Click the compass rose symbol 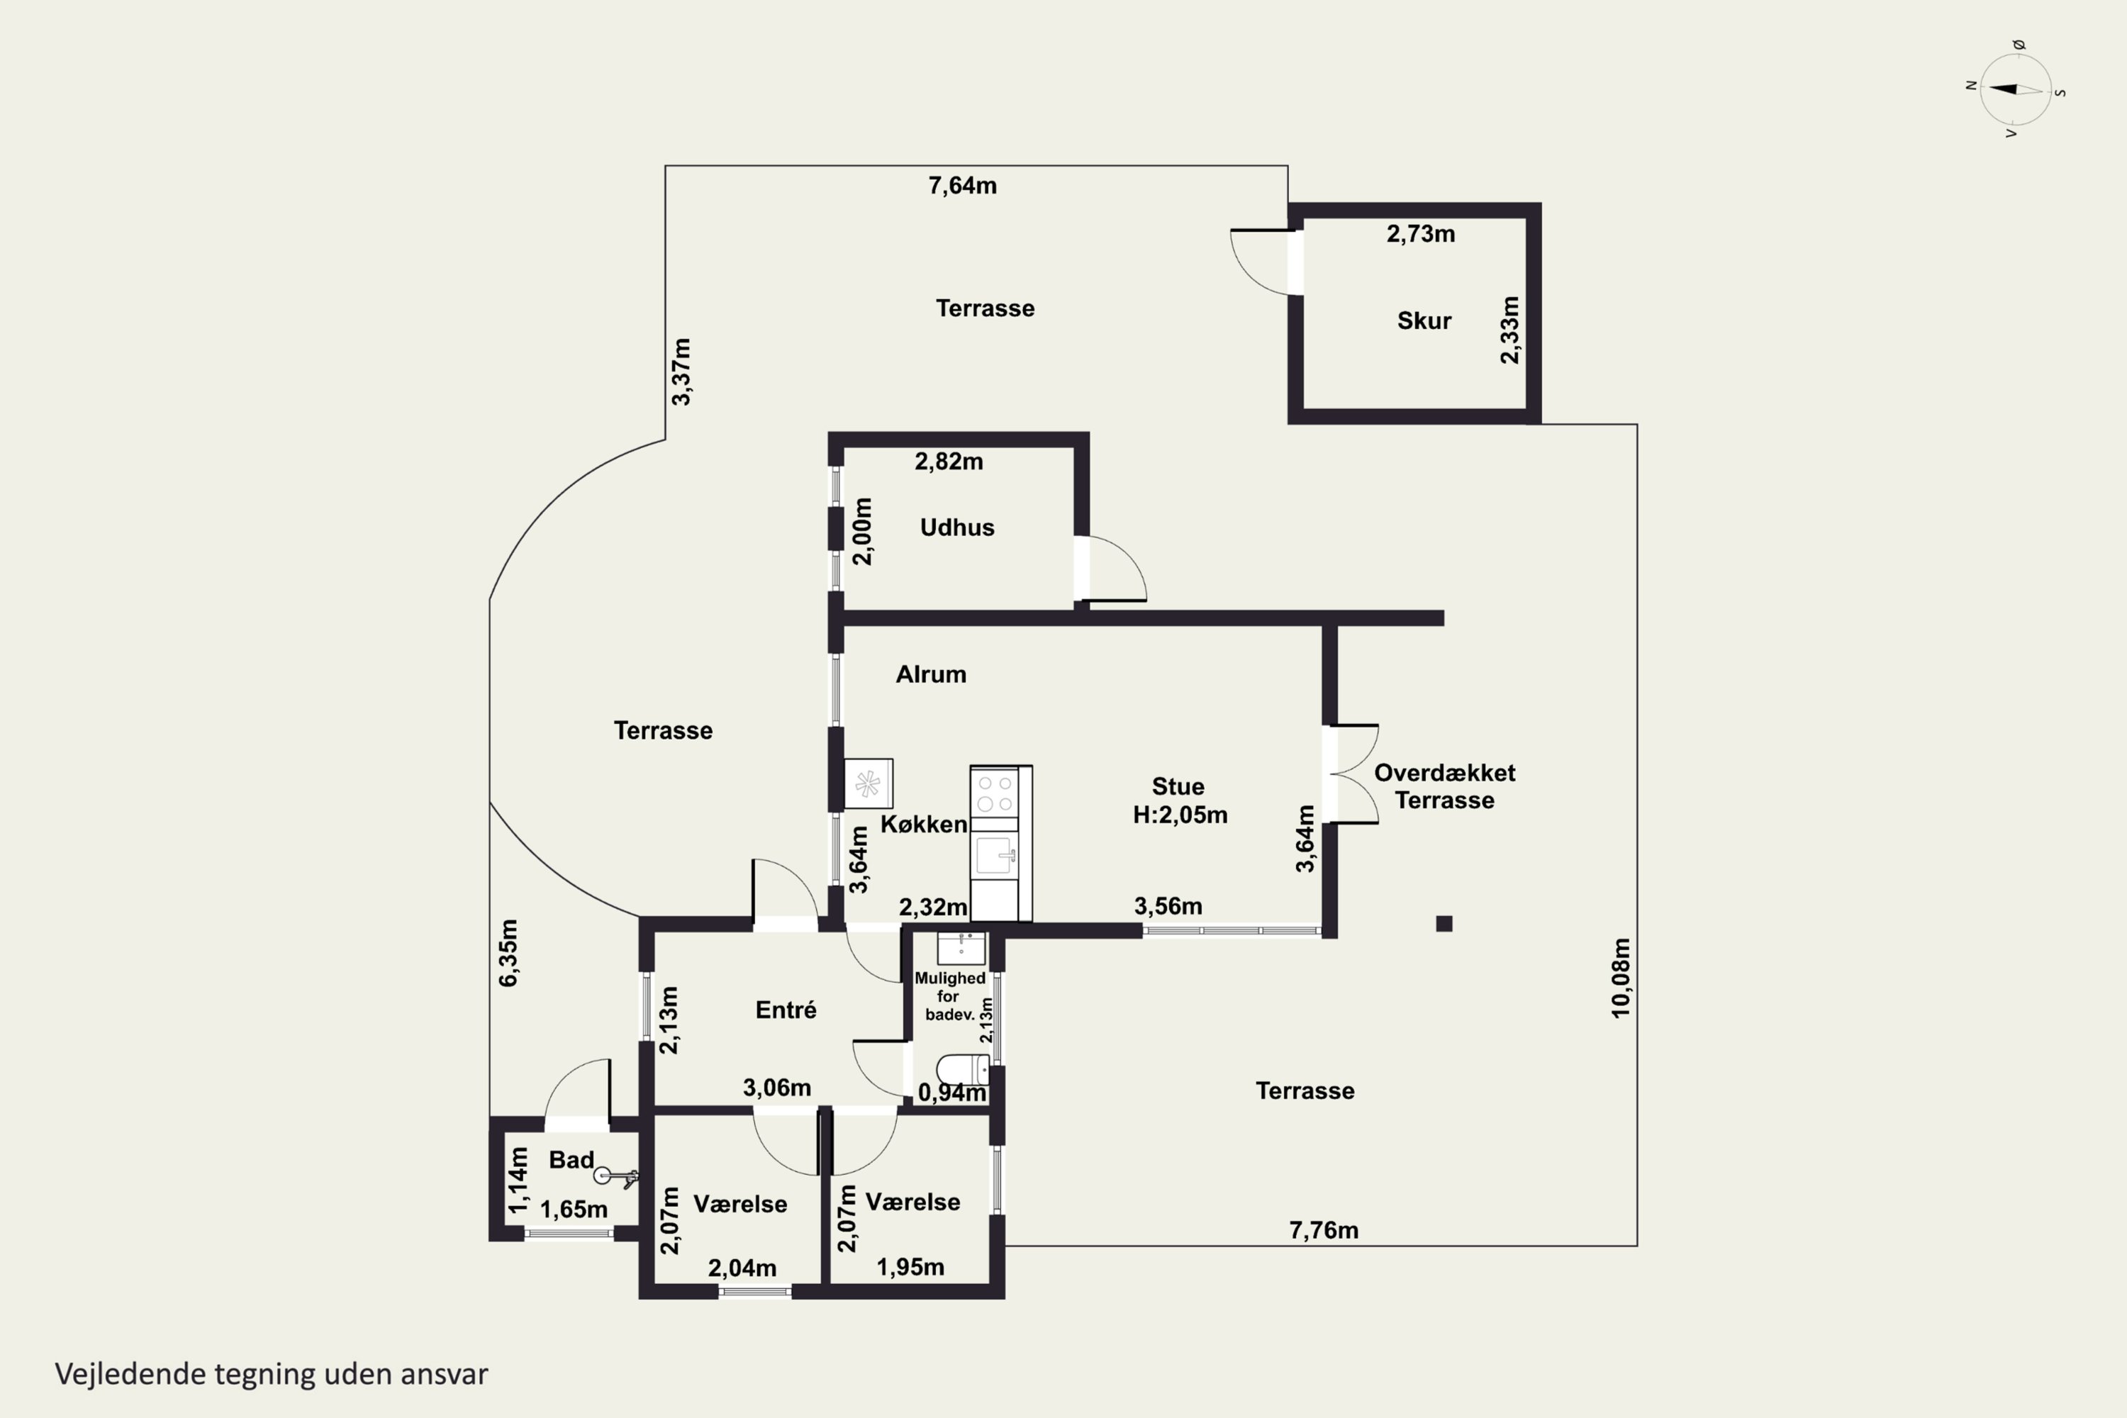2016,89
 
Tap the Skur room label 1424,320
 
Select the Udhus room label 956,527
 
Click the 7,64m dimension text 962,185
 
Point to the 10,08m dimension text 1621,978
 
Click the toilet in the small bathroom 962,1069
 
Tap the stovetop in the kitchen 994,793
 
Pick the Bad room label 571,1159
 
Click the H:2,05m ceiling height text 1180,815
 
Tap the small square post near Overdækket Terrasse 1444,923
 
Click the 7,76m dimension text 1323,1230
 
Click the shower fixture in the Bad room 616,1176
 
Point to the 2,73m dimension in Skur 1421,234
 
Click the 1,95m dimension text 910,1267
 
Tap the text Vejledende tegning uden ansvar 272,1374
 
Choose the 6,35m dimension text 508,952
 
